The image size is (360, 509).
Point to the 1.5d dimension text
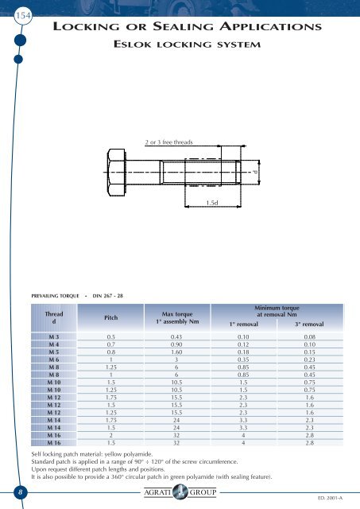tap(211, 204)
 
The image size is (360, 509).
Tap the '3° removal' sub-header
tap(309, 325)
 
